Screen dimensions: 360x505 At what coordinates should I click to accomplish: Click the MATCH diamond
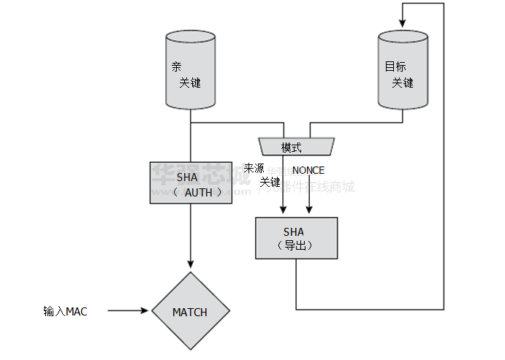click(190, 312)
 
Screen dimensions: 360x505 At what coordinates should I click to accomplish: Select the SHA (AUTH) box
click(190, 183)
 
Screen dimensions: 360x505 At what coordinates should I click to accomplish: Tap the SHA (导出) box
click(297, 238)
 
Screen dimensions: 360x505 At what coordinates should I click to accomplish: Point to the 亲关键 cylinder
click(190, 70)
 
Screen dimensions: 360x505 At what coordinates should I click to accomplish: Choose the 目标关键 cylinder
click(401, 70)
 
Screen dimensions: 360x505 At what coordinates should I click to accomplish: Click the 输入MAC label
click(65, 312)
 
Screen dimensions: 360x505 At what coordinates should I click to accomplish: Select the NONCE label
click(308, 170)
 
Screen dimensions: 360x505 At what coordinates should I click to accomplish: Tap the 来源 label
click(254, 167)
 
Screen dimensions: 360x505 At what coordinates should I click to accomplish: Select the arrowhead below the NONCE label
click(309, 212)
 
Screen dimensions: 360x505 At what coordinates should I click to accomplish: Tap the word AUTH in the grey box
click(197, 193)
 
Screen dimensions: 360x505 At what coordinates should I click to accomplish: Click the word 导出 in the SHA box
click(296, 245)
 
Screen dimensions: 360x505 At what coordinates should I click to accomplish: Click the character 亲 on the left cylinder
click(176, 66)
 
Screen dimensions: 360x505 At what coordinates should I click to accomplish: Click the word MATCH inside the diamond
click(190, 312)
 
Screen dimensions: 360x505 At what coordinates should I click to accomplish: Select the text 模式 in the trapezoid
click(292, 148)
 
